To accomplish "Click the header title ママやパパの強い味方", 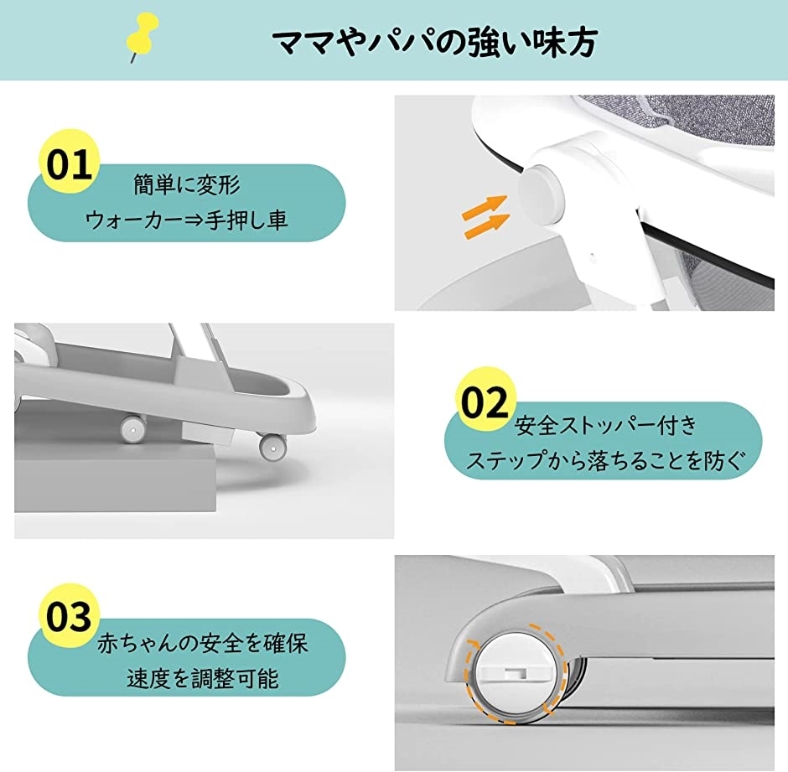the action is coord(435,42).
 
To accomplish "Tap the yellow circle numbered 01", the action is coord(70,161).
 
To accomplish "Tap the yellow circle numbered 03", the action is coord(70,615).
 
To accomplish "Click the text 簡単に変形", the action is coord(187,184).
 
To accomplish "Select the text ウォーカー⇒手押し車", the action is coord(186,220).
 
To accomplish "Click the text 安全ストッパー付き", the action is coord(606,425).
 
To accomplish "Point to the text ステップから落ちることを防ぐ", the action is coord(604,460).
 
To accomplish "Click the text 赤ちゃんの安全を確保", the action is coord(203,644).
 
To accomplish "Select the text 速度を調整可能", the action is coord(203,679).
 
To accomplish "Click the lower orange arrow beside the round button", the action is coord(486,225).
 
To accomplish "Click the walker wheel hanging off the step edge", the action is coord(273,446).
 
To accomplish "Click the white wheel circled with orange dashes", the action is coord(516,673).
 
